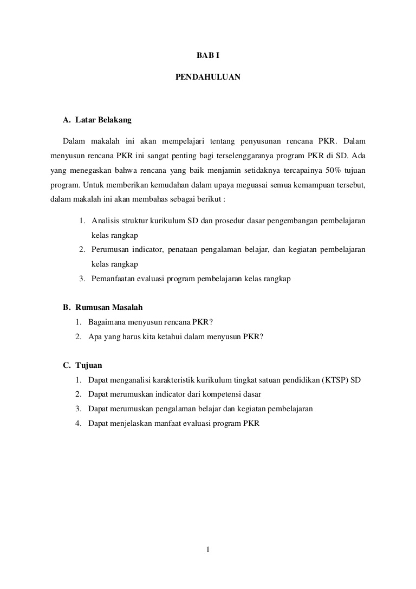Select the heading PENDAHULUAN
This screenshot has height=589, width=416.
(208, 77)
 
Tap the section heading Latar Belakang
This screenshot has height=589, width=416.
(103, 120)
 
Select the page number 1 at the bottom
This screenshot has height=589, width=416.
(208, 551)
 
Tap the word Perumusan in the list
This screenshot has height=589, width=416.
(110, 250)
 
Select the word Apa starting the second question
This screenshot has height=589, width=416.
(95, 336)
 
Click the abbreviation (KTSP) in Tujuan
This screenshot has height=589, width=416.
(336, 380)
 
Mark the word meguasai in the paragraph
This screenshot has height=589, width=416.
(232, 184)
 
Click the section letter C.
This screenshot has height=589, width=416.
(66, 365)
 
